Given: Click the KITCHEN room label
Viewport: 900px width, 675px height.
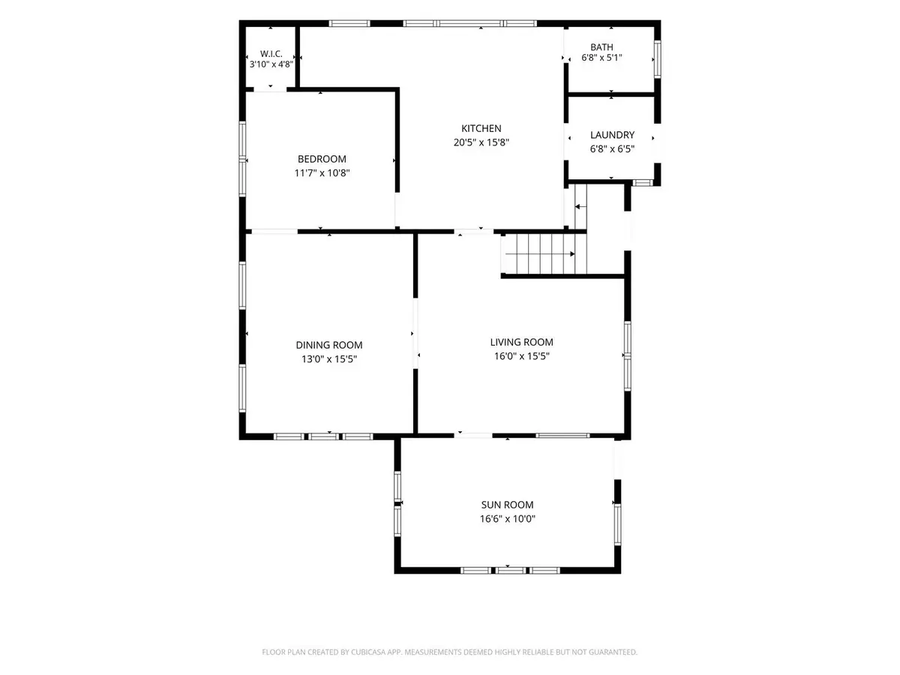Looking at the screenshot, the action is [481, 129].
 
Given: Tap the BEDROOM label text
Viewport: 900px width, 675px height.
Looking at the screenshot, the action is [322, 159].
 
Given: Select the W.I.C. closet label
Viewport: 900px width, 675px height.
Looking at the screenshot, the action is [271, 54].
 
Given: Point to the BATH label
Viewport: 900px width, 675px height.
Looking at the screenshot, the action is [601, 47].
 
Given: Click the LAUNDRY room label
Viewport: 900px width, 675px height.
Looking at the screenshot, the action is [612, 135].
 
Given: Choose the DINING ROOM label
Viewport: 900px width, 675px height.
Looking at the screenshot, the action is [328, 345].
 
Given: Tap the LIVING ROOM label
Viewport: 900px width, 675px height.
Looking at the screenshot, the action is [521, 342].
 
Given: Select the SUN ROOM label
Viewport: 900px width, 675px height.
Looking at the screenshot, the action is [507, 505].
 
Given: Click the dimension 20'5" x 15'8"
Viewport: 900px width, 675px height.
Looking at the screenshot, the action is [481, 142].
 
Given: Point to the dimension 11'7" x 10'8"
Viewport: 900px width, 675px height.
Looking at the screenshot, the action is [322, 173].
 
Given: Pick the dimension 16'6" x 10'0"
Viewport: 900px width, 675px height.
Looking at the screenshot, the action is [508, 519].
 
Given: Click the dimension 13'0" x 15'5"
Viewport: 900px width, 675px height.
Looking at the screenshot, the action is [329, 359].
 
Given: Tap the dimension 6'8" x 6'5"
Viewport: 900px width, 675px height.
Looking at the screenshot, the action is [612, 148].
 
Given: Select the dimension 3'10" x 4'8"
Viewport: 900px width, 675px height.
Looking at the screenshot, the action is [271, 64].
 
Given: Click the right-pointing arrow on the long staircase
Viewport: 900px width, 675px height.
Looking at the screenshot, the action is [539, 254].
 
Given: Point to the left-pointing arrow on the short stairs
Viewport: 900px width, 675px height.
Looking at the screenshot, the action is [580, 206].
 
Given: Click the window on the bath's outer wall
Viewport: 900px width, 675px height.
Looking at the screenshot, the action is [657, 59].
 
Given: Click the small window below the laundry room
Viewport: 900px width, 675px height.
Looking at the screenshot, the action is [642, 183].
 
